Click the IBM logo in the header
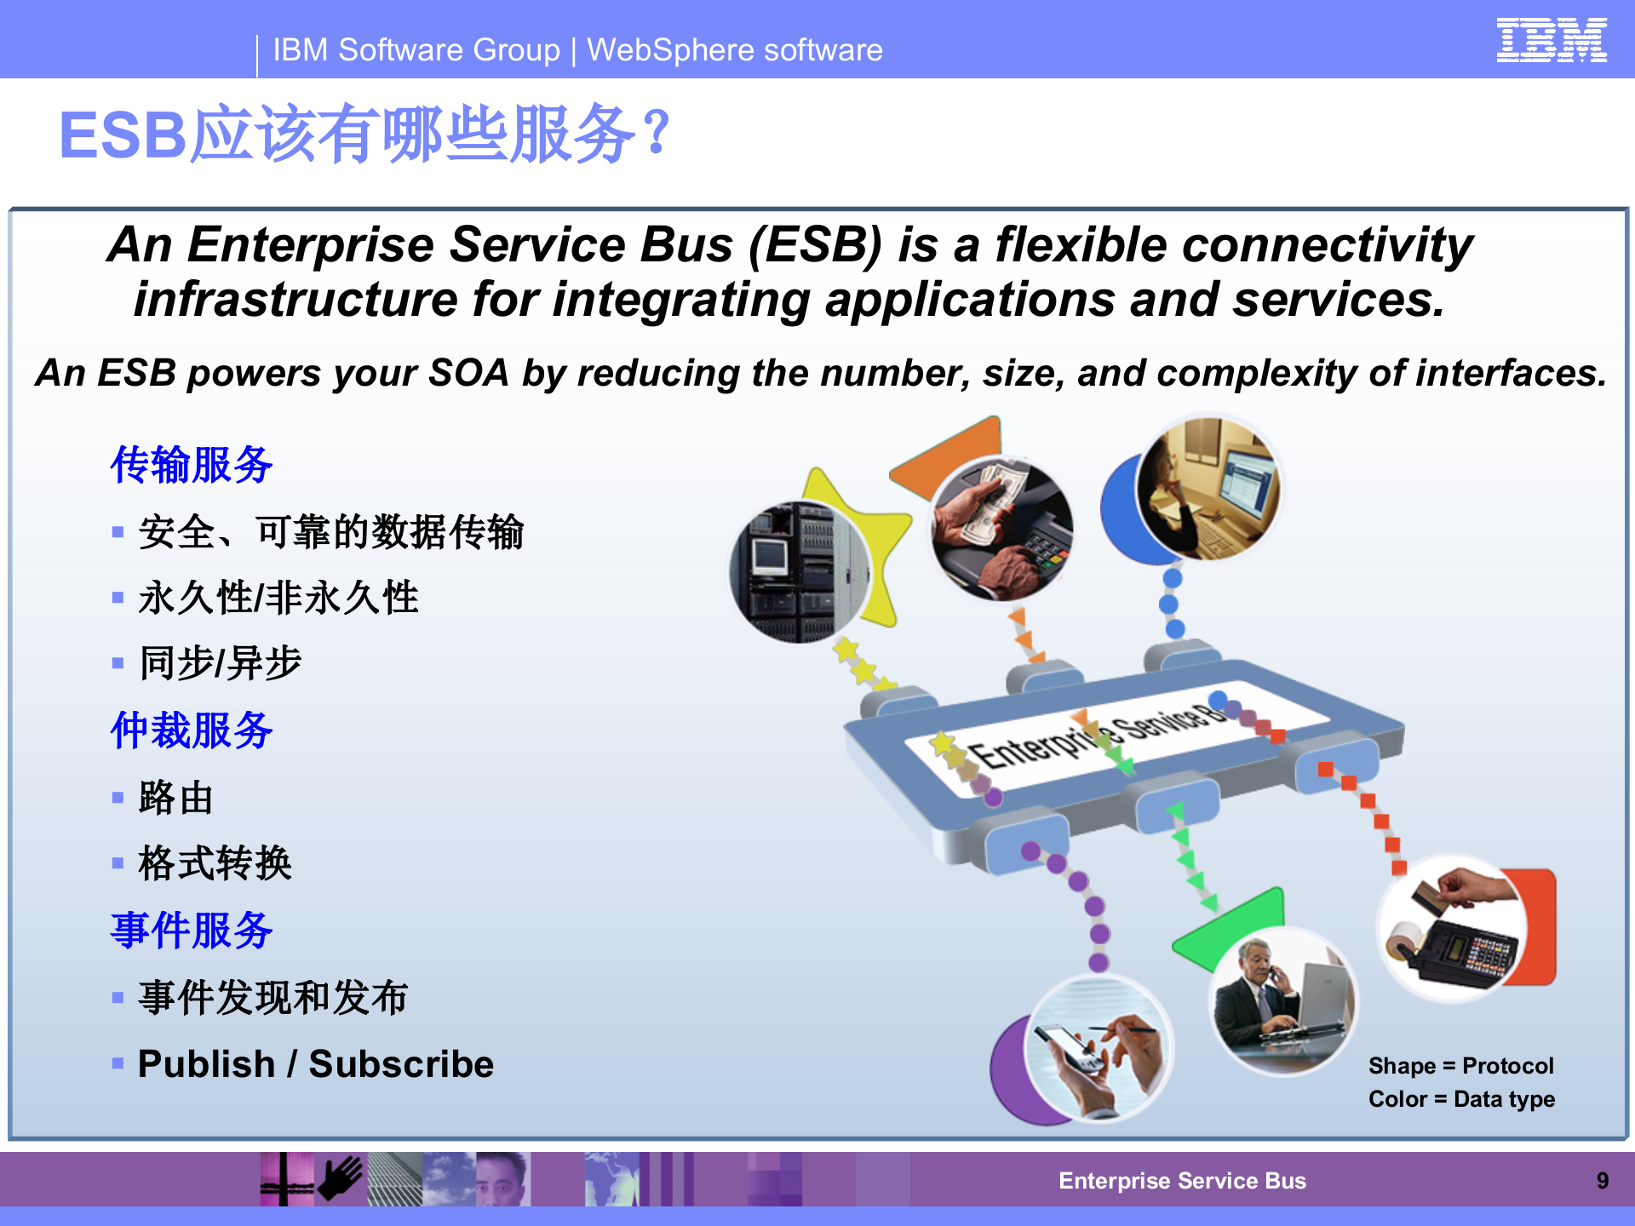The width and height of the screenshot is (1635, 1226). pyautogui.click(x=1552, y=40)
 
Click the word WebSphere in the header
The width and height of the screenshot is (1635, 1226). pyautogui.click(x=670, y=50)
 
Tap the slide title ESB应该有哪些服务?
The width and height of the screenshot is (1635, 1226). pyautogui.click(x=364, y=135)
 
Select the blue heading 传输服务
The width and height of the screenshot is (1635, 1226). pyautogui.click(x=192, y=465)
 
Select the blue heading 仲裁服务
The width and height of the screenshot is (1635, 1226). pyautogui.click(x=192, y=730)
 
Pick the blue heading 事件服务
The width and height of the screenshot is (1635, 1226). pyautogui.click(x=192, y=930)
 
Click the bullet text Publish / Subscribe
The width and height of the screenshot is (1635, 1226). pyautogui.click(x=315, y=1064)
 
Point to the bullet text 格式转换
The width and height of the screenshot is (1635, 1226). pyautogui.click(x=215, y=863)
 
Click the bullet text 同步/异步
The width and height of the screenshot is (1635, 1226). pyautogui.click(x=220, y=663)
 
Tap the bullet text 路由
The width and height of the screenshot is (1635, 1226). pyautogui.click(x=175, y=798)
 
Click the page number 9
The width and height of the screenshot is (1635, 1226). pyautogui.click(x=1602, y=1181)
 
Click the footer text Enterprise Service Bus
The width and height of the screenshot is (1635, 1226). pyautogui.click(x=1182, y=1181)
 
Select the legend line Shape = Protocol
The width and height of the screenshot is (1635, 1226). pyautogui.click(x=1460, y=1066)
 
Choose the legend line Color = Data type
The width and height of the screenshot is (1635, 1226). pyautogui.click(x=1460, y=1099)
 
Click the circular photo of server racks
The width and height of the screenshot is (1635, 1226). pyautogui.click(x=799, y=572)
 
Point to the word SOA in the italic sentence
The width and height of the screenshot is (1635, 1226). pyautogui.click(x=468, y=373)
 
